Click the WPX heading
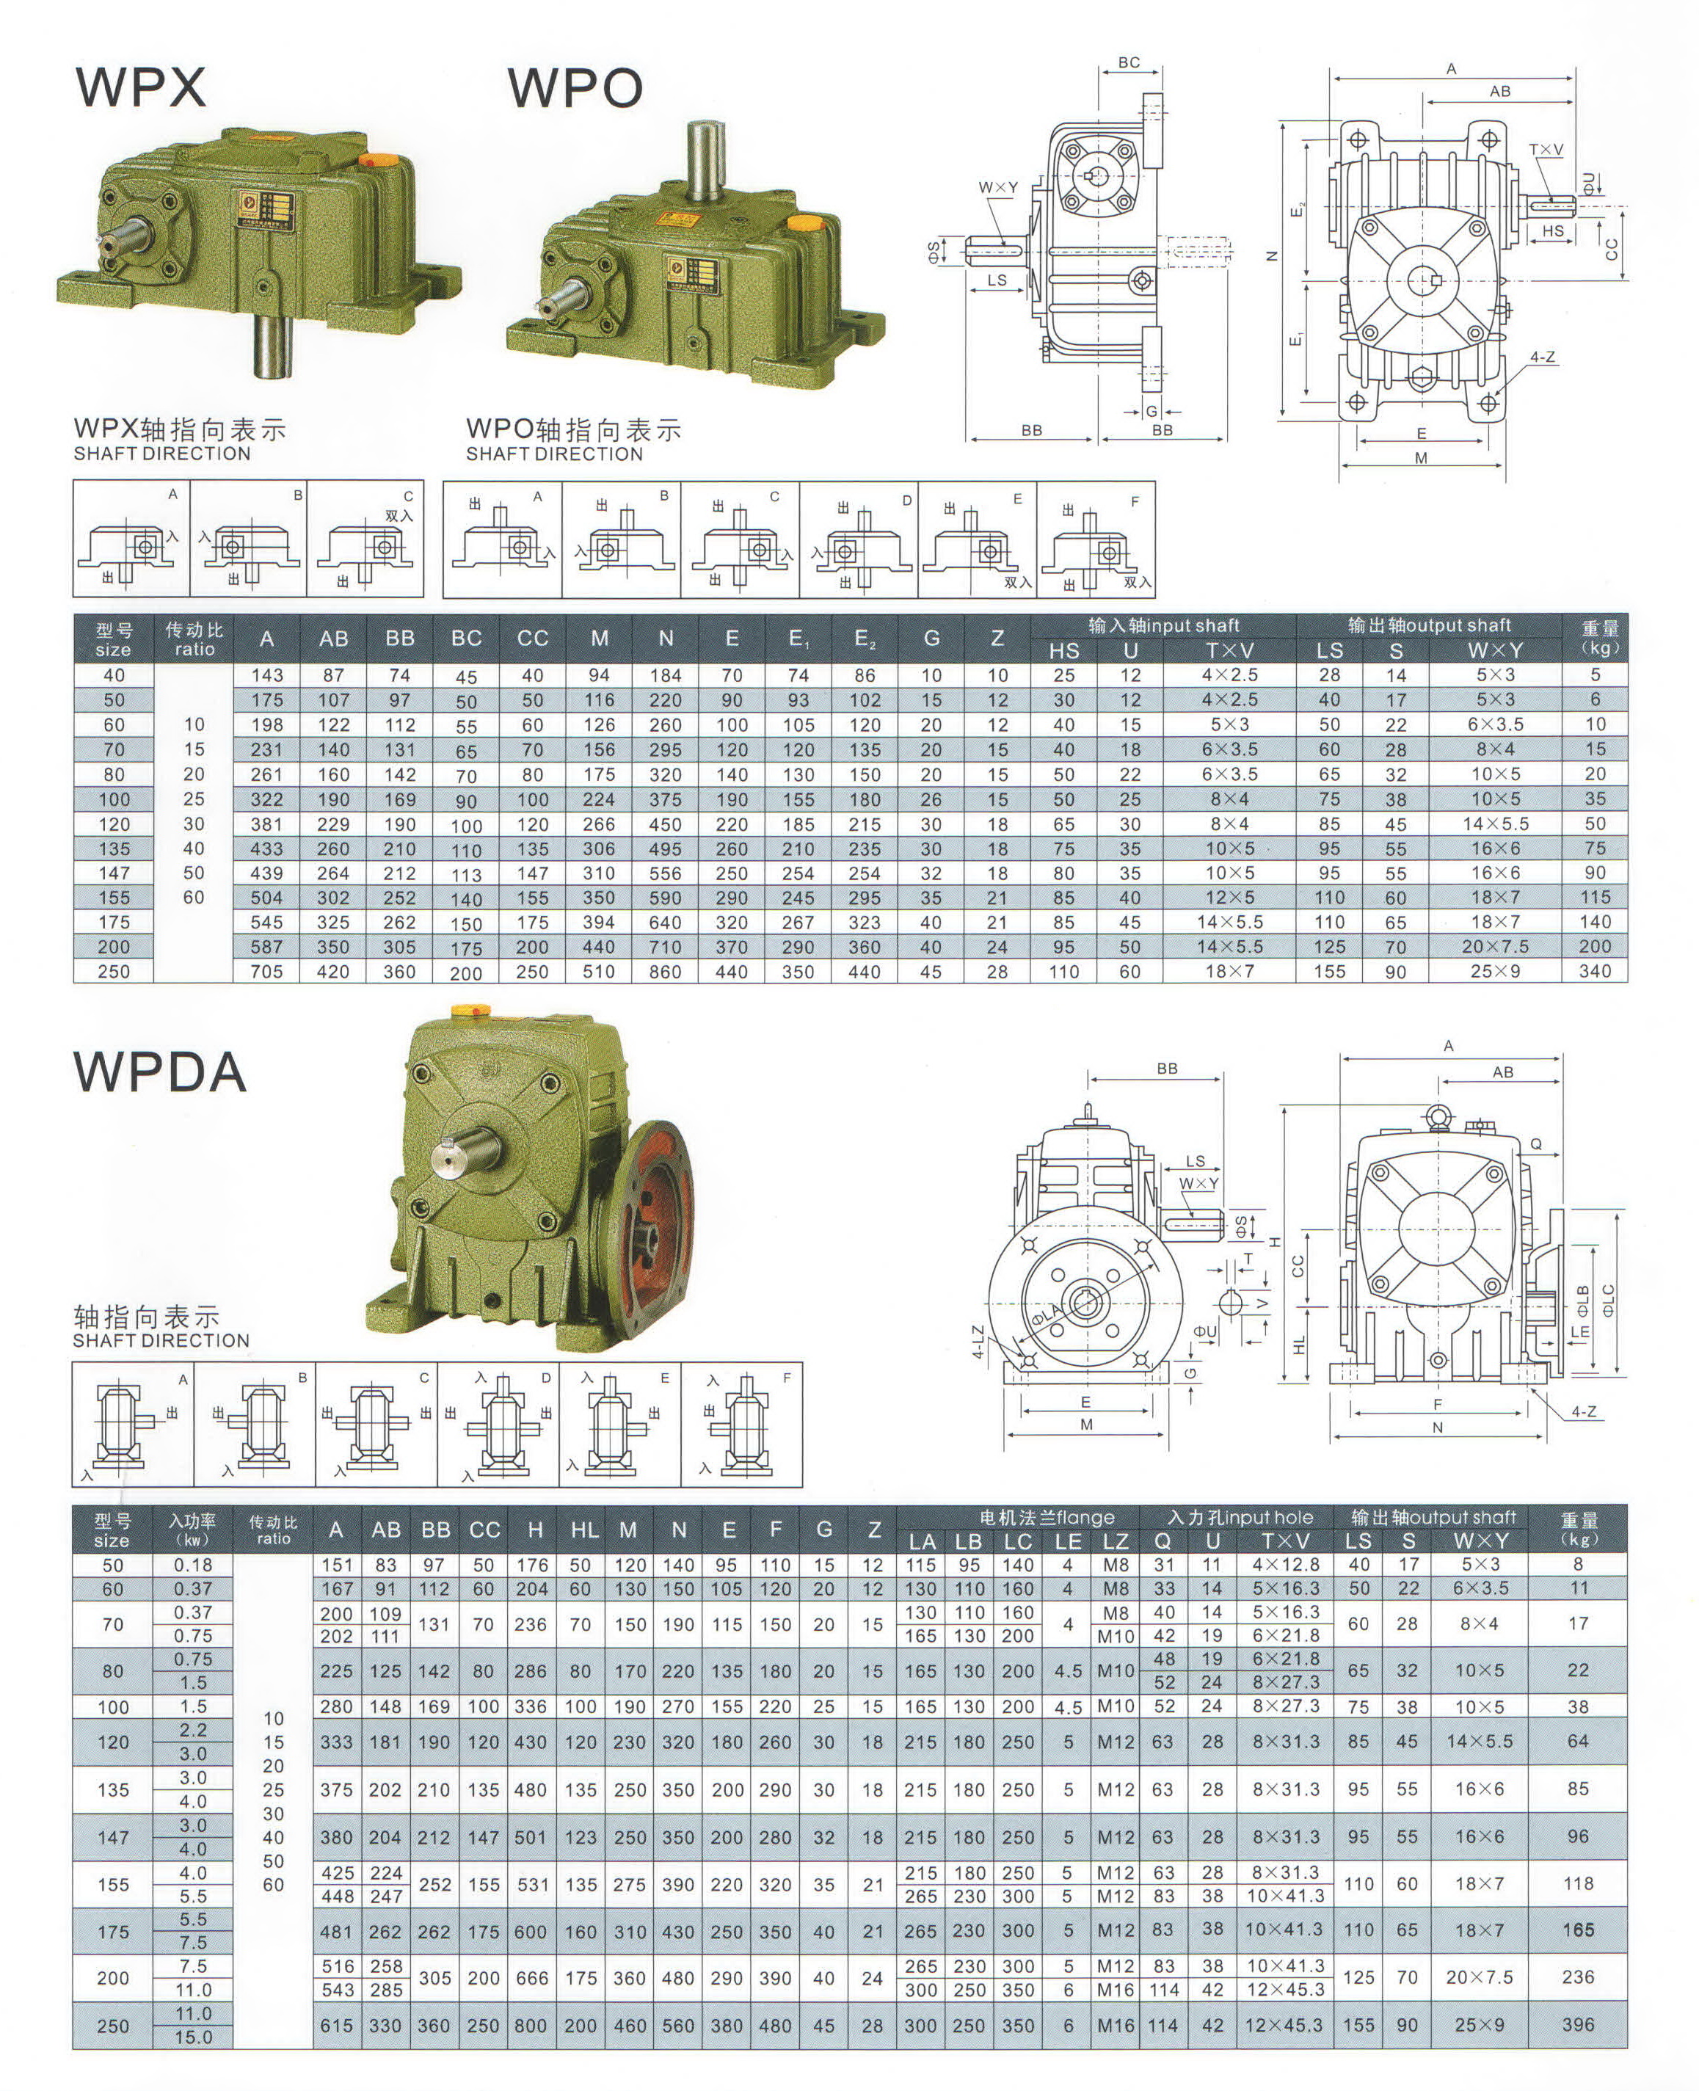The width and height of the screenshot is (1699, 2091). tap(141, 87)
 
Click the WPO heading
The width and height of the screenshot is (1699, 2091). tap(575, 87)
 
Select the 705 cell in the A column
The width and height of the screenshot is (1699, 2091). tap(266, 972)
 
